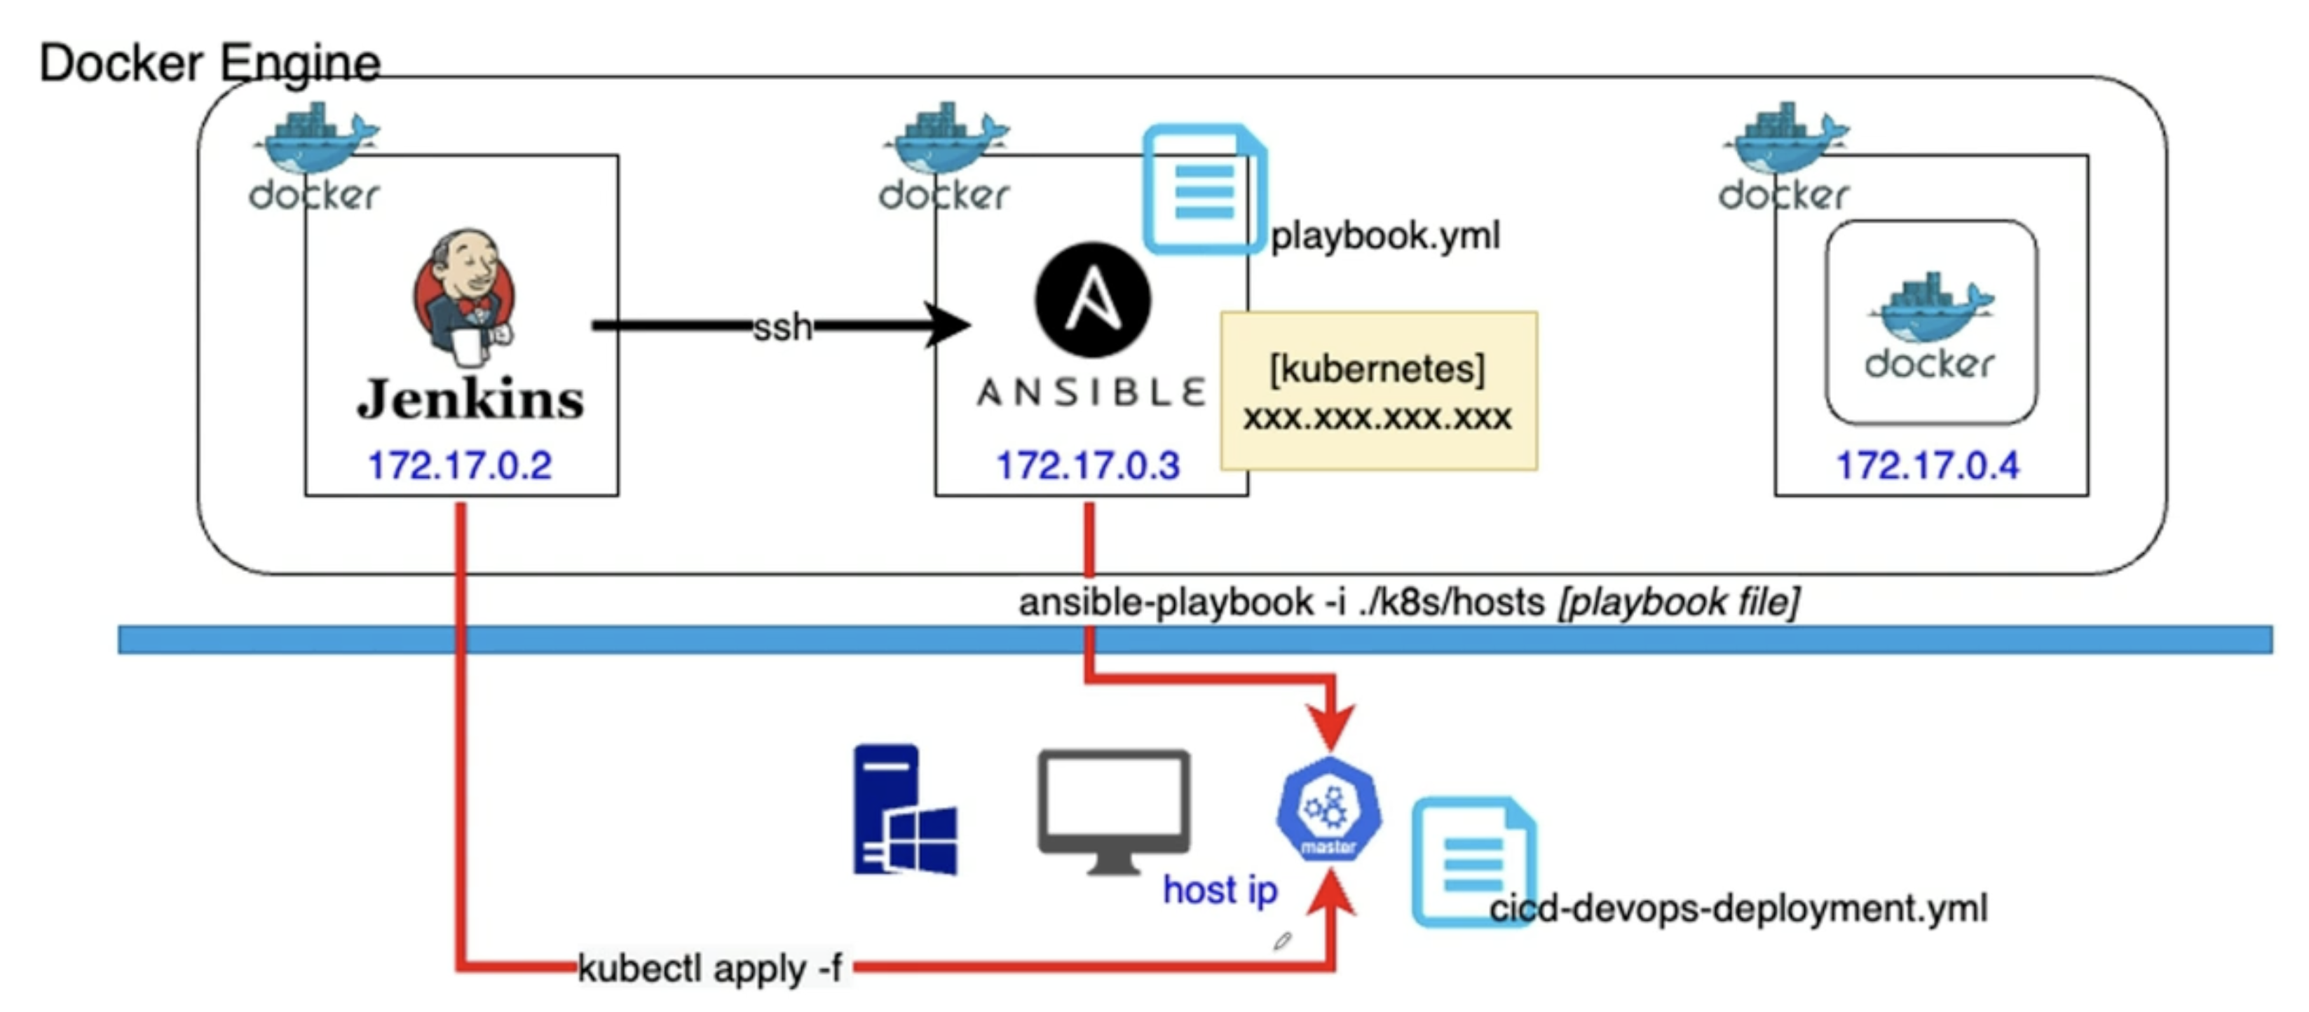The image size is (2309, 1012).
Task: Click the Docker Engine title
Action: coord(210,64)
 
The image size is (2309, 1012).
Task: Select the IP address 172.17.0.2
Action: coord(460,466)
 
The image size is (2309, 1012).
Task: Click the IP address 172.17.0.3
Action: coord(1088,466)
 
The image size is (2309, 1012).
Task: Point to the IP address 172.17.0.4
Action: coord(1928,466)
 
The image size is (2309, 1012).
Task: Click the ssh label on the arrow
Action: coord(782,327)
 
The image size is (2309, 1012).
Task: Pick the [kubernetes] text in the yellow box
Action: coord(1377,369)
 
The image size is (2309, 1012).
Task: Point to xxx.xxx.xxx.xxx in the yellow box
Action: coord(1377,418)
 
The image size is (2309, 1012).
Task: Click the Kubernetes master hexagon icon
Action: coord(1329,809)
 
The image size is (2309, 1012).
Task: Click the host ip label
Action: coord(1220,890)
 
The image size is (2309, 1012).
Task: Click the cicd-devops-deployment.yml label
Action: coord(1738,909)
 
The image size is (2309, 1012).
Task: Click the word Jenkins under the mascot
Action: coord(470,399)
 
